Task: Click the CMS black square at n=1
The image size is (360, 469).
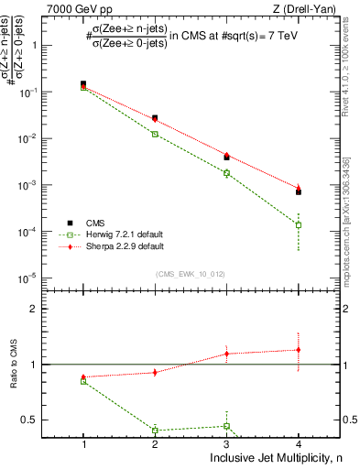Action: [83, 84]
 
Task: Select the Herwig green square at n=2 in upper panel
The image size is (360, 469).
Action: [155, 134]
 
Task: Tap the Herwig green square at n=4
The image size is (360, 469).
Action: [299, 224]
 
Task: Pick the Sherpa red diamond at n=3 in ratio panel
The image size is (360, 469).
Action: [227, 353]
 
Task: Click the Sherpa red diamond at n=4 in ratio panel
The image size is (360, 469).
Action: [299, 349]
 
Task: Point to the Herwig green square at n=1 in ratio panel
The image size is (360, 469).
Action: [83, 381]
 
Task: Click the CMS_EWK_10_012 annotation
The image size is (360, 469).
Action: [191, 274]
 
